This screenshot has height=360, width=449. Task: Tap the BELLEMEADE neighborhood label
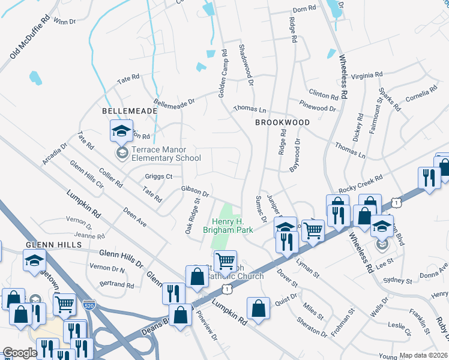(x=130, y=111)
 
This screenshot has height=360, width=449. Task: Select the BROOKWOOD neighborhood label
(x=282, y=122)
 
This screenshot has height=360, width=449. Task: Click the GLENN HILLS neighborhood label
(x=49, y=245)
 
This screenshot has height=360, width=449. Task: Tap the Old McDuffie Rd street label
(x=29, y=37)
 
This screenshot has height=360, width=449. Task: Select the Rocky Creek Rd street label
(x=360, y=182)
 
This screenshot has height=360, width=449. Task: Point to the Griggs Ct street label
(x=158, y=176)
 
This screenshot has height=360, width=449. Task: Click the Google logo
(x=19, y=353)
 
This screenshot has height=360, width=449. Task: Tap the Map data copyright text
(x=424, y=355)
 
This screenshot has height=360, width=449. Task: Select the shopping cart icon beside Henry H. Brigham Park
(x=226, y=261)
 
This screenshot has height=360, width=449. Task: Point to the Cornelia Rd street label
(x=421, y=93)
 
